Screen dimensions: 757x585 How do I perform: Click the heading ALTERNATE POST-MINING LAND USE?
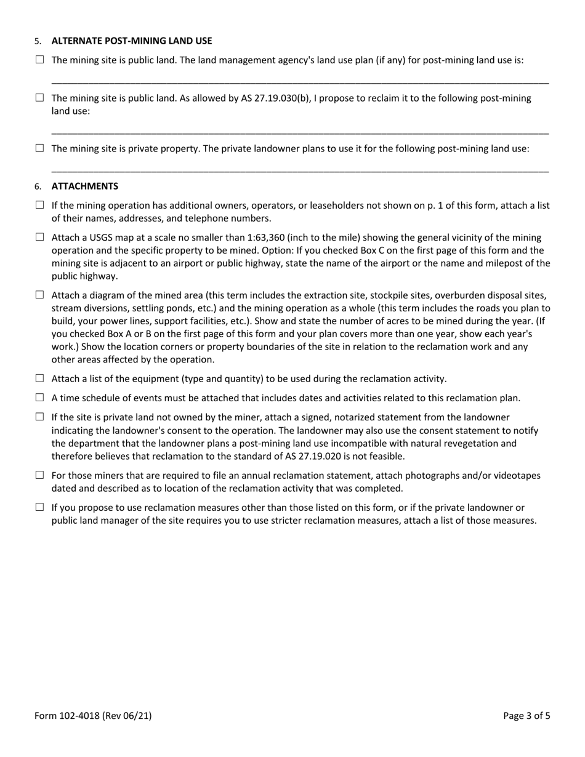[131, 41]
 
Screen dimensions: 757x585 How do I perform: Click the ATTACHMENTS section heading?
[85, 186]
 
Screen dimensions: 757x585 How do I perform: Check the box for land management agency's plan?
[40, 60]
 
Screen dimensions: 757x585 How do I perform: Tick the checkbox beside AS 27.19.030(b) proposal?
[40, 98]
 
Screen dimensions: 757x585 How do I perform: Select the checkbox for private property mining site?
[40, 148]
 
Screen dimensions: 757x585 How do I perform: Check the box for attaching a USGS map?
[40, 237]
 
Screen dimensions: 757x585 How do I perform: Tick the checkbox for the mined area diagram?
[40, 295]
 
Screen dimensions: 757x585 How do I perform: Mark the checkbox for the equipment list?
[40, 378]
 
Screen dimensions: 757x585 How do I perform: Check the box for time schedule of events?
[40, 398]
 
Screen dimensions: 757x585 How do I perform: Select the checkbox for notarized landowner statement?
[40, 417]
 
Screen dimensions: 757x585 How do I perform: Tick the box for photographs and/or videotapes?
[40, 475]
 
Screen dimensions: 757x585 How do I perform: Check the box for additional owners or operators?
[40, 205]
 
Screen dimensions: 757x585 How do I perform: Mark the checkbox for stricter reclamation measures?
[40, 507]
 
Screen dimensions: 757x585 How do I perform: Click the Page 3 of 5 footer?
[526, 715]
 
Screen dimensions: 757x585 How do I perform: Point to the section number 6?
[38, 186]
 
